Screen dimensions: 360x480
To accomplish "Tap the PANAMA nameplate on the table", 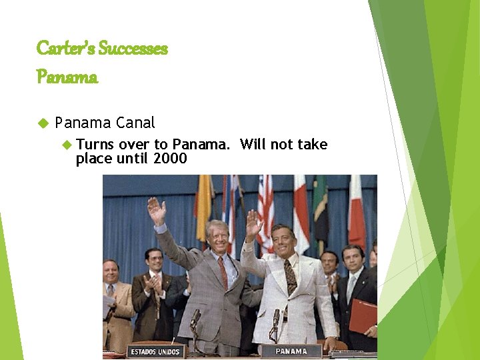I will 291,351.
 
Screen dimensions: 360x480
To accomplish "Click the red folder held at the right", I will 363,316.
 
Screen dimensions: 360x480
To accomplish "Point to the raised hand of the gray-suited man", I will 157,211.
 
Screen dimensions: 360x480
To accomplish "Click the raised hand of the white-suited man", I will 253,224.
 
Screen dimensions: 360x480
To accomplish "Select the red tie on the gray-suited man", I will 223,273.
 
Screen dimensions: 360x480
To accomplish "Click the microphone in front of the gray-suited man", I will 195,318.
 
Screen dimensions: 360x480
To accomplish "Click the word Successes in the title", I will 133,49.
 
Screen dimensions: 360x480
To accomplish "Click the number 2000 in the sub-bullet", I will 170,159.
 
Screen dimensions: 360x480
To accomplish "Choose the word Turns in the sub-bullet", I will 95,145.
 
